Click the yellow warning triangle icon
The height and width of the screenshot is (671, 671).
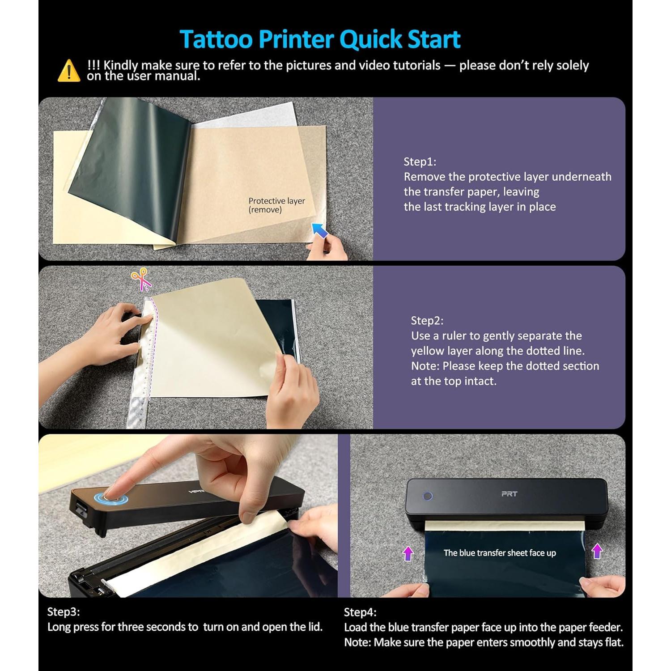coord(69,71)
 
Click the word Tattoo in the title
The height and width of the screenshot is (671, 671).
coord(216,39)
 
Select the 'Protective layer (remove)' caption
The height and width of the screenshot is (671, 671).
coord(276,205)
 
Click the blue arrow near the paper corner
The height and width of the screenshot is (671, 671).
coord(319,230)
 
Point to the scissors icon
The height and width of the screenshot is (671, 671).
coord(141,279)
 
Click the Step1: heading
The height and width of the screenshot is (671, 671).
coord(420,161)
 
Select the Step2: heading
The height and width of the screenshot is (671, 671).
coord(427,320)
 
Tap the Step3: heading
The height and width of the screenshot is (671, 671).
coord(64,612)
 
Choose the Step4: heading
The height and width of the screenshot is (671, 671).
coord(360,612)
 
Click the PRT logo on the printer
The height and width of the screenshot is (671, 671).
coord(509,494)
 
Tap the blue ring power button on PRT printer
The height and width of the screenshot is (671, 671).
coord(428,496)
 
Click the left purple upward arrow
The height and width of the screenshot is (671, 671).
coord(408,553)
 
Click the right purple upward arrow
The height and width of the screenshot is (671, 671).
coord(597,551)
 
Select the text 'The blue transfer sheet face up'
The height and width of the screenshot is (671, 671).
coord(500,553)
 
